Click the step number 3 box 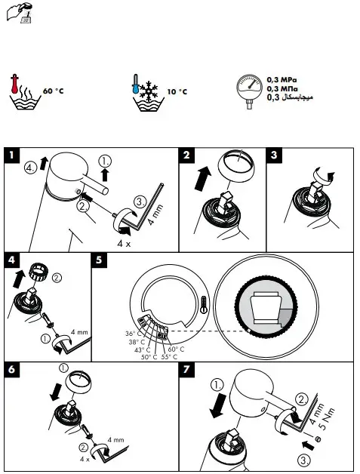tap(275, 155)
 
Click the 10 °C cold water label tap(177, 91)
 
